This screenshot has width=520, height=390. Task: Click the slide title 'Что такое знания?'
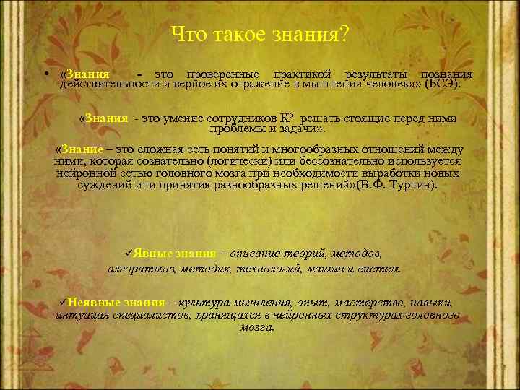(261, 34)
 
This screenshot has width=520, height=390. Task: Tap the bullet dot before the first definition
(45, 75)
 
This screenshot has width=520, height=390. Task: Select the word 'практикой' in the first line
(302, 74)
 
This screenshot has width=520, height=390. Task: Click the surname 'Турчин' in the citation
(414, 185)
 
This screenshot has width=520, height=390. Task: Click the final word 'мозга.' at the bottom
(256, 326)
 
